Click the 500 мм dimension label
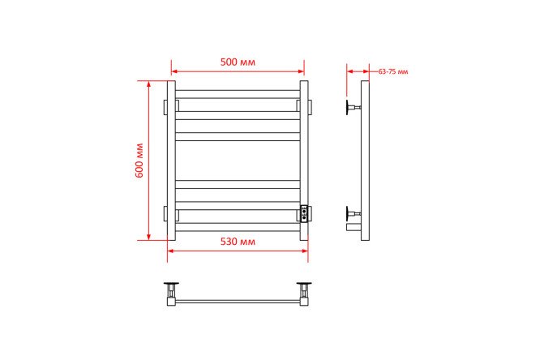pyautogui.click(x=238, y=62)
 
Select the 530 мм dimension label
pyautogui.click(x=238, y=242)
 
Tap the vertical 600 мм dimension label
pyautogui.click(x=139, y=161)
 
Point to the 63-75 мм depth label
pyautogui.click(x=393, y=71)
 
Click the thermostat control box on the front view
pyautogui.click(x=304, y=213)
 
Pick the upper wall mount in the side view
pyautogui.click(x=354, y=108)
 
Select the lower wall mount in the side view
pyautogui.click(x=354, y=214)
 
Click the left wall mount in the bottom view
pyautogui.click(x=171, y=291)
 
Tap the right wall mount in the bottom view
pyautogui.click(x=304, y=291)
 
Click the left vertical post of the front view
pyautogui.click(x=171, y=161)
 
